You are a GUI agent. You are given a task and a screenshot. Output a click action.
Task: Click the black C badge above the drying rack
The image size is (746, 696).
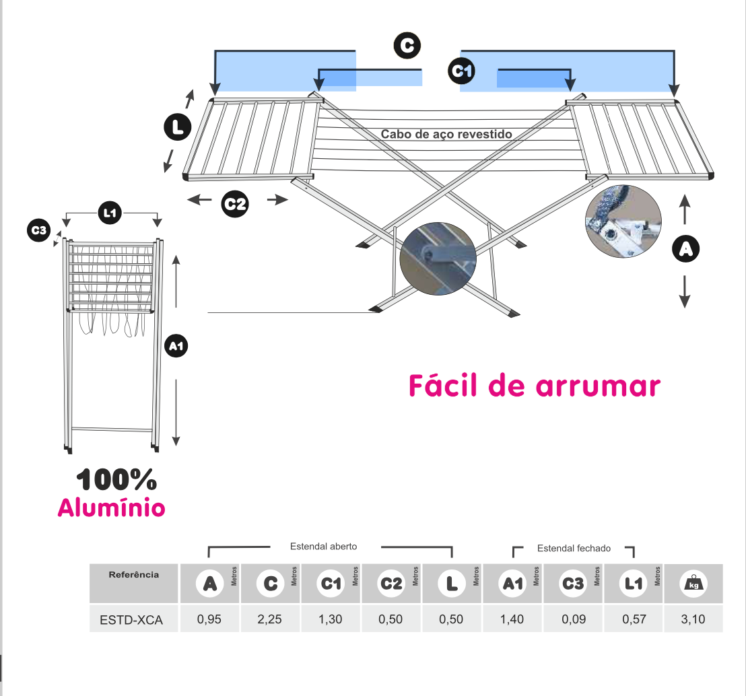click(x=407, y=45)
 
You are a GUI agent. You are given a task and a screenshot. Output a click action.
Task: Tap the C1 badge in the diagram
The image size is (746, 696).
click(x=461, y=71)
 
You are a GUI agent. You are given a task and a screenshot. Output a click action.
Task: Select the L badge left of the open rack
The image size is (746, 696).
click(x=178, y=127)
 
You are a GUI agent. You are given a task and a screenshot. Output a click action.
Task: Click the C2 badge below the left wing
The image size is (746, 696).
click(x=235, y=204)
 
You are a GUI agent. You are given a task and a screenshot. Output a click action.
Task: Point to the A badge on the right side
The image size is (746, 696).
click(x=685, y=249)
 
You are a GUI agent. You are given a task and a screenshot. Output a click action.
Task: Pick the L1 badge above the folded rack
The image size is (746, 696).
click(x=110, y=213)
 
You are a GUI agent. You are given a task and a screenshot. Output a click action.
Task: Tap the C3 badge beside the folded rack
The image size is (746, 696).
click(x=38, y=230)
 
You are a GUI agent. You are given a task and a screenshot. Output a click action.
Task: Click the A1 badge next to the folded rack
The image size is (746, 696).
click(x=176, y=346)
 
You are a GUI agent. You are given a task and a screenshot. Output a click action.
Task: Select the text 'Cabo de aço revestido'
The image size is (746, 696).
click(x=446, y=134)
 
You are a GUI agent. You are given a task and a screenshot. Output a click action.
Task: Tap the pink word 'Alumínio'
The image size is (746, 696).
click(x=111, y=508)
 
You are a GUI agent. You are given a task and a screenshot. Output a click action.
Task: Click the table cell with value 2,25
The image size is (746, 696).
click(x=270, y=619)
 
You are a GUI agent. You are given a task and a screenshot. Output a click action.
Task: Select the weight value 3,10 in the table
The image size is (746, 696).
click(x=693, y=619)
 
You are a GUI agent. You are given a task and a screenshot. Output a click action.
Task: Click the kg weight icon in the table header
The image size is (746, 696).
click(x=693, y=583)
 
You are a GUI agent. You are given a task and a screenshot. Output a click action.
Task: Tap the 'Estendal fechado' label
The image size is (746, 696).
click(x=574, y=548)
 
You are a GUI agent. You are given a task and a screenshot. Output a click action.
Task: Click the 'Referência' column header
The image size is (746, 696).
click(x=134, y=575)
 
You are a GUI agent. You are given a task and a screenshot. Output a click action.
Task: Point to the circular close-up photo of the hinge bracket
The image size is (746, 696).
click(x=623, y=221)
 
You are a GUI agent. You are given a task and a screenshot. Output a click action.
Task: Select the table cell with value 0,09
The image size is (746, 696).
click(x=573, y=619)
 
